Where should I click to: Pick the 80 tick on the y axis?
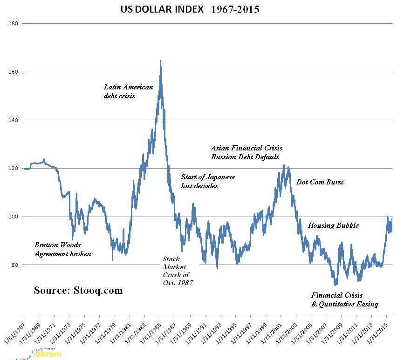(14, 265)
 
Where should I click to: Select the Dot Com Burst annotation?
(320, 182)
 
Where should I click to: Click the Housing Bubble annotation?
(333, 225)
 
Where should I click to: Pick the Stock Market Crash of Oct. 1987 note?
(178, 271)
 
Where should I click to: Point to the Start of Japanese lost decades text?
(208, 182)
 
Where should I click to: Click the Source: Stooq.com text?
(78, 291)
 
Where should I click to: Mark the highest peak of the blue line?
(160, 61)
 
